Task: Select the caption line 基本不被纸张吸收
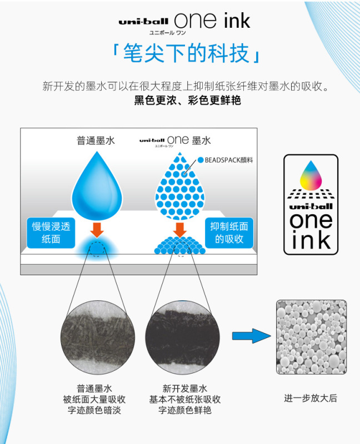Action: coord(185,399)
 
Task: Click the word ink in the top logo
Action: coord(229,22)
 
